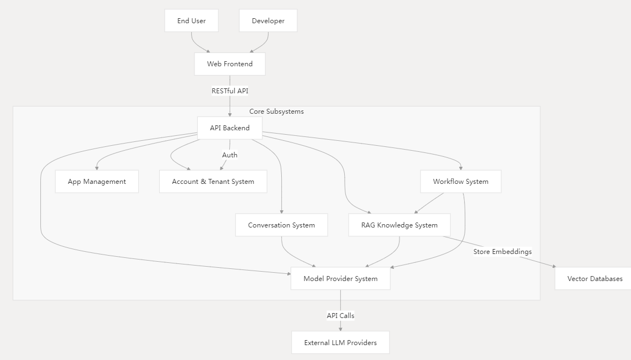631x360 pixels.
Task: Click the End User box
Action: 191,21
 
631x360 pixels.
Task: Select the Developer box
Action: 268,21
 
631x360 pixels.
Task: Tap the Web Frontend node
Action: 230,64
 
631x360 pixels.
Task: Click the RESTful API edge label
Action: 230,91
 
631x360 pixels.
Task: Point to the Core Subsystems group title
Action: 276,112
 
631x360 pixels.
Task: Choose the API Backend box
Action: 230,128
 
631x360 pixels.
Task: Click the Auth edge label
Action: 230,155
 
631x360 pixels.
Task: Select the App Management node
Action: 97,182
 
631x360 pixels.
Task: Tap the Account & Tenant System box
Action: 213,182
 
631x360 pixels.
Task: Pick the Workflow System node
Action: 460,182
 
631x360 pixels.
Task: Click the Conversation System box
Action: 281,225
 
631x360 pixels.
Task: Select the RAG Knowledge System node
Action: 399,225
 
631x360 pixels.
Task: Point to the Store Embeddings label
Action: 502,252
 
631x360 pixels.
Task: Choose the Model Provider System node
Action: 340,279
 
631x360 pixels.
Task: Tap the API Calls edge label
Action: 340,316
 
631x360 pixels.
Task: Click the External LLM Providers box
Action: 340,343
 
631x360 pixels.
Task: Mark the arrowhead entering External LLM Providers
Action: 340,329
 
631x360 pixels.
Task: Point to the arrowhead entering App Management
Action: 97,168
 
